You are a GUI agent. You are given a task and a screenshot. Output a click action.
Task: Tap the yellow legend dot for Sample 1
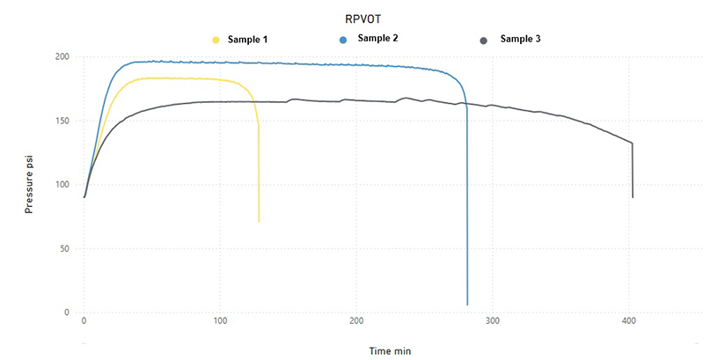coord(216,40)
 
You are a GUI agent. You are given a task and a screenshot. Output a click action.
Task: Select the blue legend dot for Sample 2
coord(343,40)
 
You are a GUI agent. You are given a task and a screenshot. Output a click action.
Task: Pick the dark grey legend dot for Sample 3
coord(484,40)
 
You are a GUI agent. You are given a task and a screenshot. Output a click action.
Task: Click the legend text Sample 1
coord(247,40)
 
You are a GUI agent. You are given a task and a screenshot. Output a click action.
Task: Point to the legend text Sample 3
coord(521,39)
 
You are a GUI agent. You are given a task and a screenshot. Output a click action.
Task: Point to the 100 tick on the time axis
coord(220,323)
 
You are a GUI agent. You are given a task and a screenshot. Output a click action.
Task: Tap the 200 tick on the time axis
coord(356,323)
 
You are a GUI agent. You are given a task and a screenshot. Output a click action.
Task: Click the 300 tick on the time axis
coord(493,323)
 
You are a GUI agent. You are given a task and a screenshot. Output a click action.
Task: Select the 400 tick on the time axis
coord(628,323)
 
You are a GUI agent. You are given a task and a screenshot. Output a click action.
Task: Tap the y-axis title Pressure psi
coord(29,185)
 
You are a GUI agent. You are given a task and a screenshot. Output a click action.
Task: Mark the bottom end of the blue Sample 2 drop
coord(467,305)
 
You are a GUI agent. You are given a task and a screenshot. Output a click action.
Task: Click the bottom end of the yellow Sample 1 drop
coord(259,222)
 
